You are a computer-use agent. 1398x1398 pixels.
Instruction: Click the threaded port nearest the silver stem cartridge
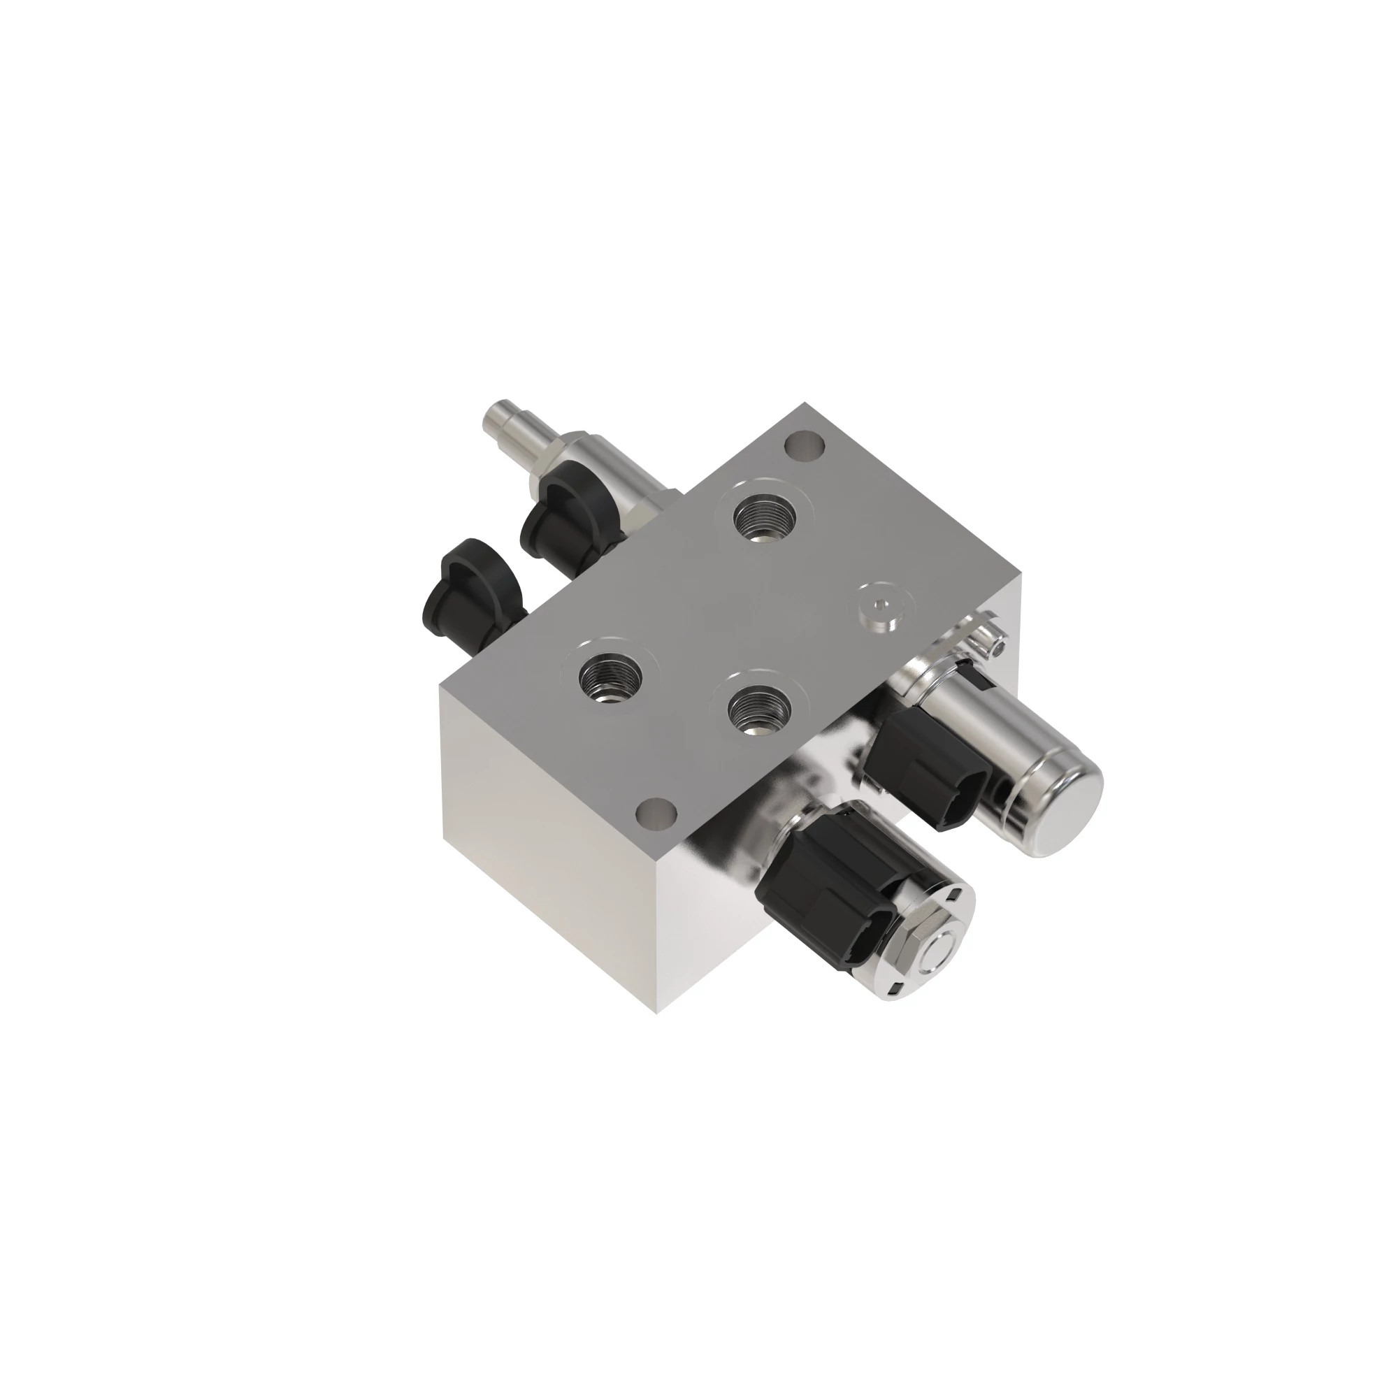point(763,517)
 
